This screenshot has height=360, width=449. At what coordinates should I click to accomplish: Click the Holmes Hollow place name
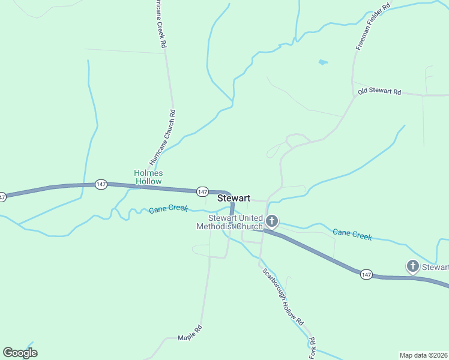148,177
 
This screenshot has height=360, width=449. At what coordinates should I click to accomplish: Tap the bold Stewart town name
234,197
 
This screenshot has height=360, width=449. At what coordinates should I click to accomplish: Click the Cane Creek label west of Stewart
168,209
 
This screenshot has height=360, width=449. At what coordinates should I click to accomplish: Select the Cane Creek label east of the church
352,234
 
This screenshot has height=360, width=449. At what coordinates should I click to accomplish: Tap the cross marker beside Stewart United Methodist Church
272,222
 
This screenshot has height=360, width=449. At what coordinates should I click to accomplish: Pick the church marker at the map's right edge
412,266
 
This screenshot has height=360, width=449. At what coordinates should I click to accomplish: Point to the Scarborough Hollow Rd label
283,296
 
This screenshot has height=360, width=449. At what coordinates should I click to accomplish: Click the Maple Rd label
190,337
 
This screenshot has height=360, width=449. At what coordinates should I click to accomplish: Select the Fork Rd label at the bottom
312,349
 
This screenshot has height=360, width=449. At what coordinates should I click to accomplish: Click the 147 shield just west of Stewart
202,191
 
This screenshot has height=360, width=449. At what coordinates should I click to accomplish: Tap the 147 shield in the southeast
366,274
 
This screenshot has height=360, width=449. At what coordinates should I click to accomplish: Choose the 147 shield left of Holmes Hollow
101,184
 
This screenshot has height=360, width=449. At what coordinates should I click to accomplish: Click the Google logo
20,352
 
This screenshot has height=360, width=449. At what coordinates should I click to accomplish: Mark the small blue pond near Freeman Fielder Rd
323,62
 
